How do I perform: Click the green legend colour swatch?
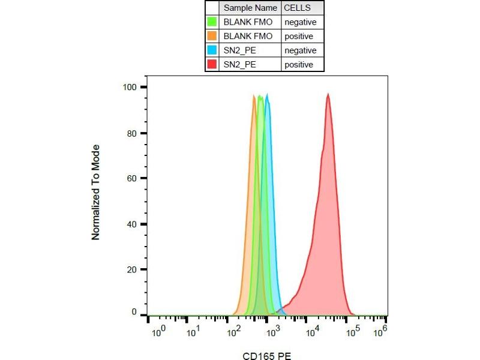click(x=212, y=22)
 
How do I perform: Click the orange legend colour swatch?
click(x=212, y=37)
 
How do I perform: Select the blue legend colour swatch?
click(x=212, y=50)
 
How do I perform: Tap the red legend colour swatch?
click(x=212, y=65)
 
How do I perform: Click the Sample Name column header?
click(x=250, y=8)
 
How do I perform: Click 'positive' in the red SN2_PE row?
click(x=299, y=65)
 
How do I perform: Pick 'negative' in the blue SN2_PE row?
click(x=300, y=50)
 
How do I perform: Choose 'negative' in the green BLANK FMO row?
click(x=300, y=22)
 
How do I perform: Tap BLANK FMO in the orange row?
click(x=247, y=37)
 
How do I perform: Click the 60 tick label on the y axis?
click(x=133, y=178)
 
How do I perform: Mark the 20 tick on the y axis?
click(x=133, y=269)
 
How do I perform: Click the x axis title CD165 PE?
click(x=265, y=355)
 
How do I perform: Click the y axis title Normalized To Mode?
click(x=95, y=192)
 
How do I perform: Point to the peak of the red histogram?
click(x=328, y=94)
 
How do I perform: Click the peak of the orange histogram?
click(x=254, y=96)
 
